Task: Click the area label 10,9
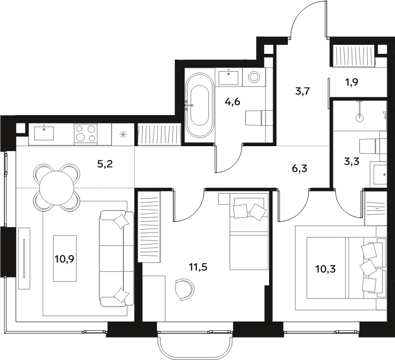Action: point(65,259)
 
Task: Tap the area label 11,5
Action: point(198,267)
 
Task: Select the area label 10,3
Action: point(326,269)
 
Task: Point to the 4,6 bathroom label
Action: point(233,102)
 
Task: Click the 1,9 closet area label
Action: point(352,82)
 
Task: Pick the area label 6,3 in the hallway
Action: point(300,168)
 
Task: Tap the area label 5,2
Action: point(105,164)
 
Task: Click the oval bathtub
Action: point(199,105)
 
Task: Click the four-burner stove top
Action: point(85,134)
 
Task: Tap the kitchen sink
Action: point(44,133)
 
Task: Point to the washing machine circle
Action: point(253,77)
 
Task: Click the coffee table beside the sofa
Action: point(65,258)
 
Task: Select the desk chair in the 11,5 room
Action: point(185,289)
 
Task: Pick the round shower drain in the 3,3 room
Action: point(360,117)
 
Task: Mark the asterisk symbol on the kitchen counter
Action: point(123,135)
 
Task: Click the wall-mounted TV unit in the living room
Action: point(24,258)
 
